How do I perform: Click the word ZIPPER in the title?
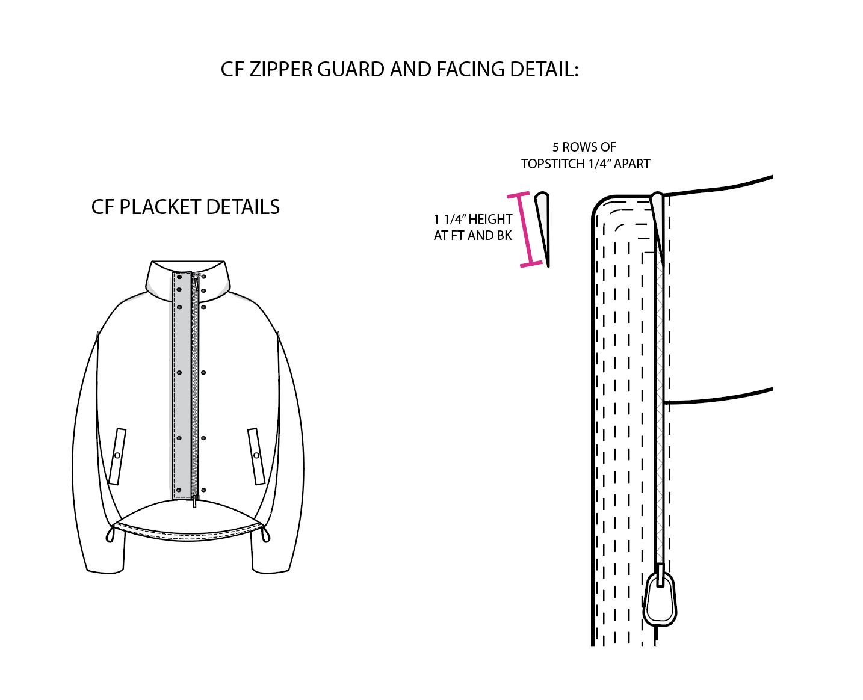pos(280,69)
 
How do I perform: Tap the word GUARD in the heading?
pos(351,69)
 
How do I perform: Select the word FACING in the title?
pos(471,69)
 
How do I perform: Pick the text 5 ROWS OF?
pos(584,147)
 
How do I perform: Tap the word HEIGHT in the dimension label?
pos(490,219)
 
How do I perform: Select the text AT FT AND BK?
pos(473,235)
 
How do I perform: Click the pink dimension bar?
pos(525,230)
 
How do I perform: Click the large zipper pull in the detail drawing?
pos(660,596)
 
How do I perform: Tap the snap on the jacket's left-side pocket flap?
pos(117,455)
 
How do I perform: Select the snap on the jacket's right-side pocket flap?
pos(256,455)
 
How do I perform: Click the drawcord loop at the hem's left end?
pos(110,535)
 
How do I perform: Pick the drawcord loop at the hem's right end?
pos(265,535)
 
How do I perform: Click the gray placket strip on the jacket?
pos(182,385)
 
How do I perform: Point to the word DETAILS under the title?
pos(243,207)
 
